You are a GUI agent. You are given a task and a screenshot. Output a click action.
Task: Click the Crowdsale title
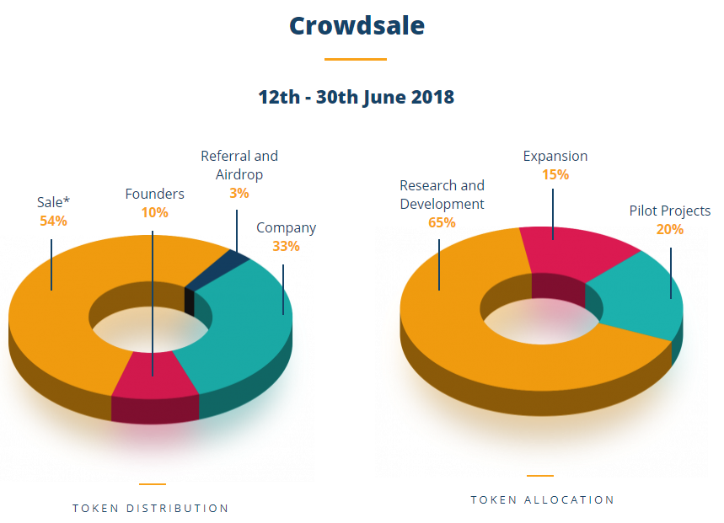[x=357, y=26]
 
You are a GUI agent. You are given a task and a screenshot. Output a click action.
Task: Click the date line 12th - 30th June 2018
[x=356, y=97]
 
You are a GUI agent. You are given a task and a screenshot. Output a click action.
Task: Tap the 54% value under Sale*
[x=53, y=221]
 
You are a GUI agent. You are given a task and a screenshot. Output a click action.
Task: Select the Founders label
[x=154, y=194]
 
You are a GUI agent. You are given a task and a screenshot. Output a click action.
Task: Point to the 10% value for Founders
[x=154, y=212]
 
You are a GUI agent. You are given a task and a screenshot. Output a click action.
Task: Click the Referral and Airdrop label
[x=239, y=165]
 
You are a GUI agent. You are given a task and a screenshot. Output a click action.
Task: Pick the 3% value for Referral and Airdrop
[x=239, y=194]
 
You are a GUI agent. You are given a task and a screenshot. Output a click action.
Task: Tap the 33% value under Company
[x=286, y=246]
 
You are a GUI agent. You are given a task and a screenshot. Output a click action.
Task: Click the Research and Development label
[x=442, y=195]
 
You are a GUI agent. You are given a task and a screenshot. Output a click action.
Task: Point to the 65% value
[x=442, y=222]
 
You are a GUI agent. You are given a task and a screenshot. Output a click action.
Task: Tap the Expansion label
[x=555, y=156]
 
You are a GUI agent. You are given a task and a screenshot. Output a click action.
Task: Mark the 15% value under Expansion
[x=555, y=174]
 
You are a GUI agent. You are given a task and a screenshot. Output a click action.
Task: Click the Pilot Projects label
[x=670, y=211]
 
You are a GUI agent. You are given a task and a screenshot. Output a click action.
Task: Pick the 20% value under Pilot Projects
[x=670, y=229]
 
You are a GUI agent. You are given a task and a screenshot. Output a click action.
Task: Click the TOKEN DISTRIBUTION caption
[x=151, y=508]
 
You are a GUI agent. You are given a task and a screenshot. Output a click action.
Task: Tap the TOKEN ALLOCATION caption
[x=542, y=499]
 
